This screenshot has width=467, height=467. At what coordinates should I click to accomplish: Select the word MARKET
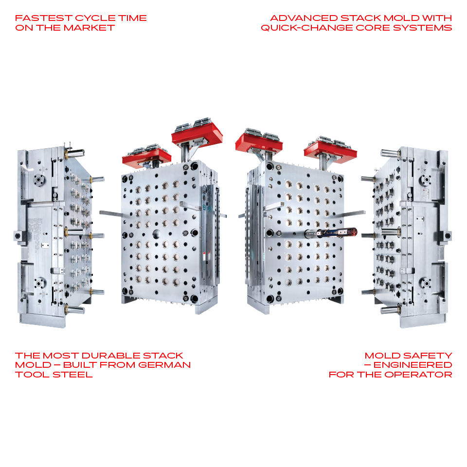tap(89, 28)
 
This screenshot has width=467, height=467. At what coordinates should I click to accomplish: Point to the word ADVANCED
tap(304, 18)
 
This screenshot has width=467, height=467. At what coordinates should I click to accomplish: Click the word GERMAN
tap(164, 365)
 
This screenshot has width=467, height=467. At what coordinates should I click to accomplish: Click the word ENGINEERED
tap(413, 365)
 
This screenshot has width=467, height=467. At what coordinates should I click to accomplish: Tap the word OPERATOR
tap(418, 375)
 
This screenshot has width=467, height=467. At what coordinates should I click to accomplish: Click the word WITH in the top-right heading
tap(437, 18)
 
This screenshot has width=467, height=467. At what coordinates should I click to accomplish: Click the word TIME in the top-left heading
tap(132, 18)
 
